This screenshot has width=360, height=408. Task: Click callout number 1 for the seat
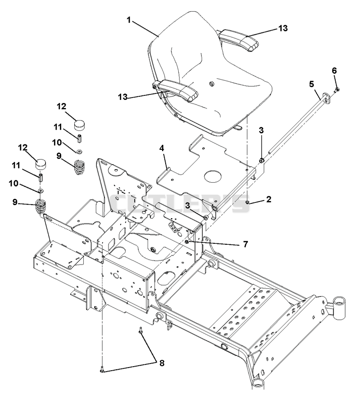(129, 20)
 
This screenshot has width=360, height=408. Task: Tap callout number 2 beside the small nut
(268, 200)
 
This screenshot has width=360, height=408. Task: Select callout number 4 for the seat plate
(162, 148)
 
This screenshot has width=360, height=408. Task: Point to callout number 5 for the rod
(311, 84)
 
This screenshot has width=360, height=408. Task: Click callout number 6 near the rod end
(334, 71)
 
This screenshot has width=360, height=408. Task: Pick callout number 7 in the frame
(245, 244)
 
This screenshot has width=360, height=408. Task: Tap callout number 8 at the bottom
(162, 363)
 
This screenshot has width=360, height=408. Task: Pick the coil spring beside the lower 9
(40, 207)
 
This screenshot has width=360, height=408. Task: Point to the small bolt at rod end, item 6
(337, 90)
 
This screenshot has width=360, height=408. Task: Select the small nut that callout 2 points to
(247, 202)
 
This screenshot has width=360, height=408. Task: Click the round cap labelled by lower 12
(40, 163)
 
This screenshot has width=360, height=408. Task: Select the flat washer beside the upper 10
(79, 151)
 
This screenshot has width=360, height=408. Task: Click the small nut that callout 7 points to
(187, 242)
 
